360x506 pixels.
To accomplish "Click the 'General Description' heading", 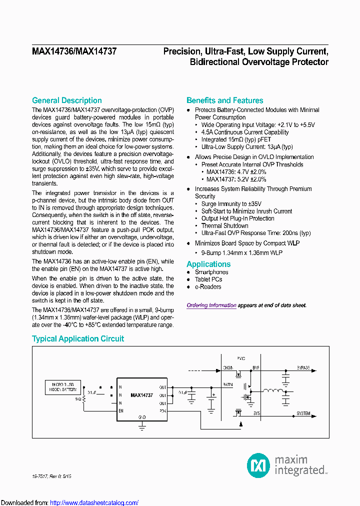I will point(66,100).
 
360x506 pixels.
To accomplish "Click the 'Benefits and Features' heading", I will point(224,100).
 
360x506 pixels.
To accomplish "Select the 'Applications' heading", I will point(208,264).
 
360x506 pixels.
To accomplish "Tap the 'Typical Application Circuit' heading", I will point(78,338).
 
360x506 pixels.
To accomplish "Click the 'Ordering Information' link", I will point(211,305).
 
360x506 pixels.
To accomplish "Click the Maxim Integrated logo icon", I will point(258,465).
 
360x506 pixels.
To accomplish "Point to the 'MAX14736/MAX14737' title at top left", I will point(74,51).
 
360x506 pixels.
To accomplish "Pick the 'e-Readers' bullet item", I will point(207,287).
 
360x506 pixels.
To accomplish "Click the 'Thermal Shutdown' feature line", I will point(224,226).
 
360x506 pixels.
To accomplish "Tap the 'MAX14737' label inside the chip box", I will point(141,394).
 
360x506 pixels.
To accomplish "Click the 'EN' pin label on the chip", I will point(120,410).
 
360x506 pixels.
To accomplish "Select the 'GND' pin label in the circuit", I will point(141,416).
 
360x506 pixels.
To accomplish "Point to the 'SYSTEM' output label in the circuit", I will point(303,413).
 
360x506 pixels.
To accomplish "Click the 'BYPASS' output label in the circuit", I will point(303,368).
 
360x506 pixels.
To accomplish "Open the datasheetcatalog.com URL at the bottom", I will point(94,502).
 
